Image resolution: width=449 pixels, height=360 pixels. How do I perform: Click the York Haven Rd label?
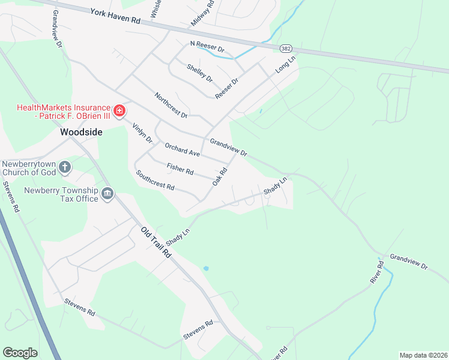coord(115,16)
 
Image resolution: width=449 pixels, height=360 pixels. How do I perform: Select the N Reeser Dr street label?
coord(206,46)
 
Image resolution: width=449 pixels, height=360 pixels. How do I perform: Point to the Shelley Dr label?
coord(200,73)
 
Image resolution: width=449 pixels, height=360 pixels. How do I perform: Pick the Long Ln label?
coord(286,65)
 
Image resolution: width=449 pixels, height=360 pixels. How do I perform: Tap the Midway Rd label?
coord(202,14)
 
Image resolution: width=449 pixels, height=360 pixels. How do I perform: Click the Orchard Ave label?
coord(182,149)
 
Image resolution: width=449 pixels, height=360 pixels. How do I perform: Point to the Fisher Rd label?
coord(180,169)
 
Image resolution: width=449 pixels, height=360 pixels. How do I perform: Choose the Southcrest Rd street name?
coord(155,181)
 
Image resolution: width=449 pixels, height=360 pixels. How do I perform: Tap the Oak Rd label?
coord(220,175)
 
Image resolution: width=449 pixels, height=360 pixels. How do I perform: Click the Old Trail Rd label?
coord(156,242)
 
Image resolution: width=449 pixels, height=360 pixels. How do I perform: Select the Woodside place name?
coord(80,131)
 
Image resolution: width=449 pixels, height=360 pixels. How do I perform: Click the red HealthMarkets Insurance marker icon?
coord(119,111)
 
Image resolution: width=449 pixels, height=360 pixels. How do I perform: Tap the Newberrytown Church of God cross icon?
coord(65,167)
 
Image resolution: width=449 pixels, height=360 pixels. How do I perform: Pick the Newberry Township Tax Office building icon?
coord(107,194)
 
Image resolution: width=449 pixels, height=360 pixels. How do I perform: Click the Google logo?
coord(20,353)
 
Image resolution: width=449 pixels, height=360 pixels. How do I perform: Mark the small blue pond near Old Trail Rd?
coord(206,268)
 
